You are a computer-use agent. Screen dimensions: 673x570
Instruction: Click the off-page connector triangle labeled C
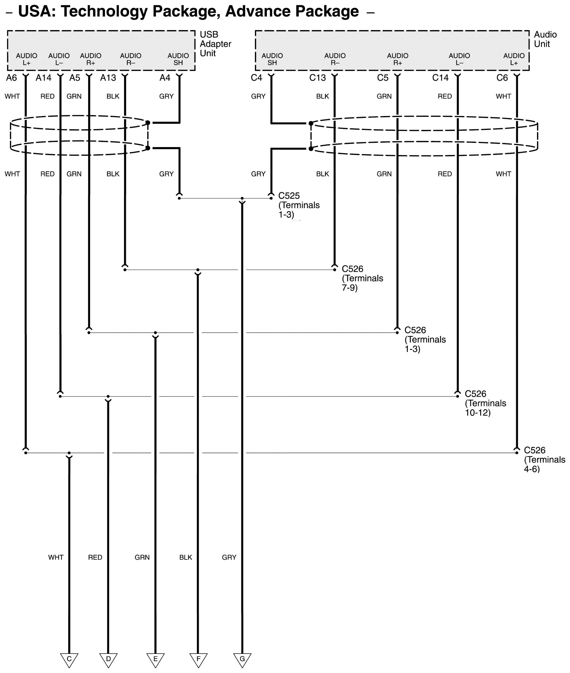(x=69, y=659)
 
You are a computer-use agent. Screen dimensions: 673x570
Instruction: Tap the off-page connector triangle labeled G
(x=242, y=659)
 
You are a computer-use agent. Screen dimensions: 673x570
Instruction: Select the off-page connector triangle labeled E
(x=155, y=659)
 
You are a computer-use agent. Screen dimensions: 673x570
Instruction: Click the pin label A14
(x=43, y=78)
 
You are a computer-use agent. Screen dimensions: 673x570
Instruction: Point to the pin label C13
(x=317, y=78)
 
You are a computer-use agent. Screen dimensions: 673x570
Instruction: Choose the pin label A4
(x=165, y=78)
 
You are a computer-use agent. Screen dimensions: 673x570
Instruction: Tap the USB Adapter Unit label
(x=215, y=44)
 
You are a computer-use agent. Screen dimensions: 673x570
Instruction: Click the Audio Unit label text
(x=545, y=39)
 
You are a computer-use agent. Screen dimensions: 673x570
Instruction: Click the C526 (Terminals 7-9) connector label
(x=362, y=278)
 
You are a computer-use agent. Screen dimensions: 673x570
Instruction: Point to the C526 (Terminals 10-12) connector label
(x=485, y=403)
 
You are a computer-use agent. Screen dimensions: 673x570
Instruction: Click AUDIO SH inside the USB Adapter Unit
(x=178, y=59)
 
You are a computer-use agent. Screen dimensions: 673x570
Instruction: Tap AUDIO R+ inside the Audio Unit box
(x=398, y=59)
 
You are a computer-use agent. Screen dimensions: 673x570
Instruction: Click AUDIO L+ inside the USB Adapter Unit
(x=26, y=59)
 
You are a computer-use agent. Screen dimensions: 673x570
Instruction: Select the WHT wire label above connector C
(x=56, y=557)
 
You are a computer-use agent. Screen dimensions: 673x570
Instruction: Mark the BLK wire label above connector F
(x=186, y=557)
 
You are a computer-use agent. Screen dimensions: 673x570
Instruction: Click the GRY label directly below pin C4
(x=258, y=96)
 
